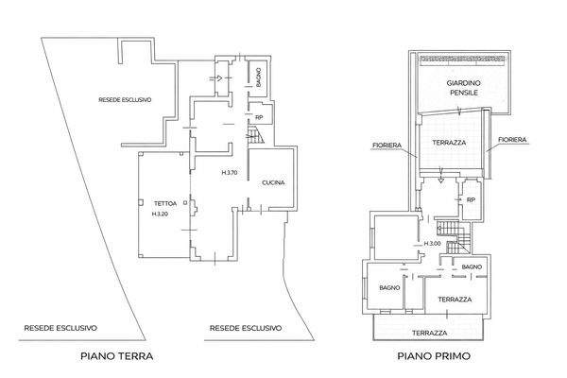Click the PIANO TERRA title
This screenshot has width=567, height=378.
(117, 356)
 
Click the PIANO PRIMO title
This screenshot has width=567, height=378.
(434, 356)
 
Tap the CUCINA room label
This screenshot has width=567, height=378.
(273, 182)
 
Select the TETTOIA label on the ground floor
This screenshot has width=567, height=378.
(165, 204)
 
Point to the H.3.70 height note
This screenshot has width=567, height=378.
(230, 173)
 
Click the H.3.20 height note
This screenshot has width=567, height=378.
(160, 214)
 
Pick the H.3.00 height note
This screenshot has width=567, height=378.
(432, 244)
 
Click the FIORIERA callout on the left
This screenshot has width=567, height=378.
(387, 145)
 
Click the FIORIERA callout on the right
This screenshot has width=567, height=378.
(512, 139)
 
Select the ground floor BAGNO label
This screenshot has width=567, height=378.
(258, 77)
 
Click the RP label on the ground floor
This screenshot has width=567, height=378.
(259, 117)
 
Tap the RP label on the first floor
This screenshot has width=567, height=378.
(471, 199)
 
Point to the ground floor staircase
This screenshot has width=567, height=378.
(256, 134)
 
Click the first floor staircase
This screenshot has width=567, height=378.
(454, 237)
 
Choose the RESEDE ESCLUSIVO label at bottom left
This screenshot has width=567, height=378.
(60, 328)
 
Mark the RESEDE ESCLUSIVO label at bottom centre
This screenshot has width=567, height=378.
(246, 328)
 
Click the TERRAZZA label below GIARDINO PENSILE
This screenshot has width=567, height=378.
(449, 143)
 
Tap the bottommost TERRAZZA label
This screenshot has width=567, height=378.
(430, 333)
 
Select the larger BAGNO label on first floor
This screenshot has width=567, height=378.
(389, 287)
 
